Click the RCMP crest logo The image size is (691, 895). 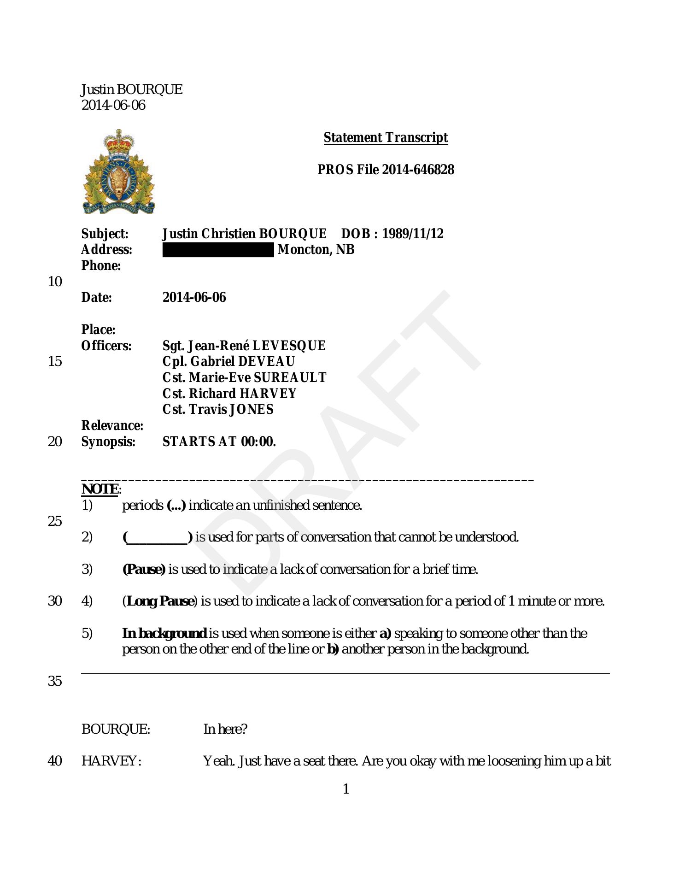coord(119,171)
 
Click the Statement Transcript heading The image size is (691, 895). coord(385,137)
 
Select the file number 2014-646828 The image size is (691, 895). coord(418,170)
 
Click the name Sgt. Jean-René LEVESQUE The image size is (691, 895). coord(244,346)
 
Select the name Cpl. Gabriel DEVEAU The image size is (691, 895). coord(228,361)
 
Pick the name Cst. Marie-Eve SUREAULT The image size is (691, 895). coord(244,377)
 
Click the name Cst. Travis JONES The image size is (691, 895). coord(218,409)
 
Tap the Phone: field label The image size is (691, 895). coord(101,265)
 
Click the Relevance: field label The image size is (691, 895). coord(112,425)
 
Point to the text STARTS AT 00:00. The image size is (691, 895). coord(219,442)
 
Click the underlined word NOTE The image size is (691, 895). coord(100,489)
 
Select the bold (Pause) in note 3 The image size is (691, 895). coord(143,569)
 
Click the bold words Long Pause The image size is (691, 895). coord(160,601)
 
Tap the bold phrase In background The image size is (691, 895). coord(164,633)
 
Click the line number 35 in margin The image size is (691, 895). coord(54,681)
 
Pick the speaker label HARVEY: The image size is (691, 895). coord(111,761)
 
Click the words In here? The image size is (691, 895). coord(225,729)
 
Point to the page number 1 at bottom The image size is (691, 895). coord(346,789)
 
